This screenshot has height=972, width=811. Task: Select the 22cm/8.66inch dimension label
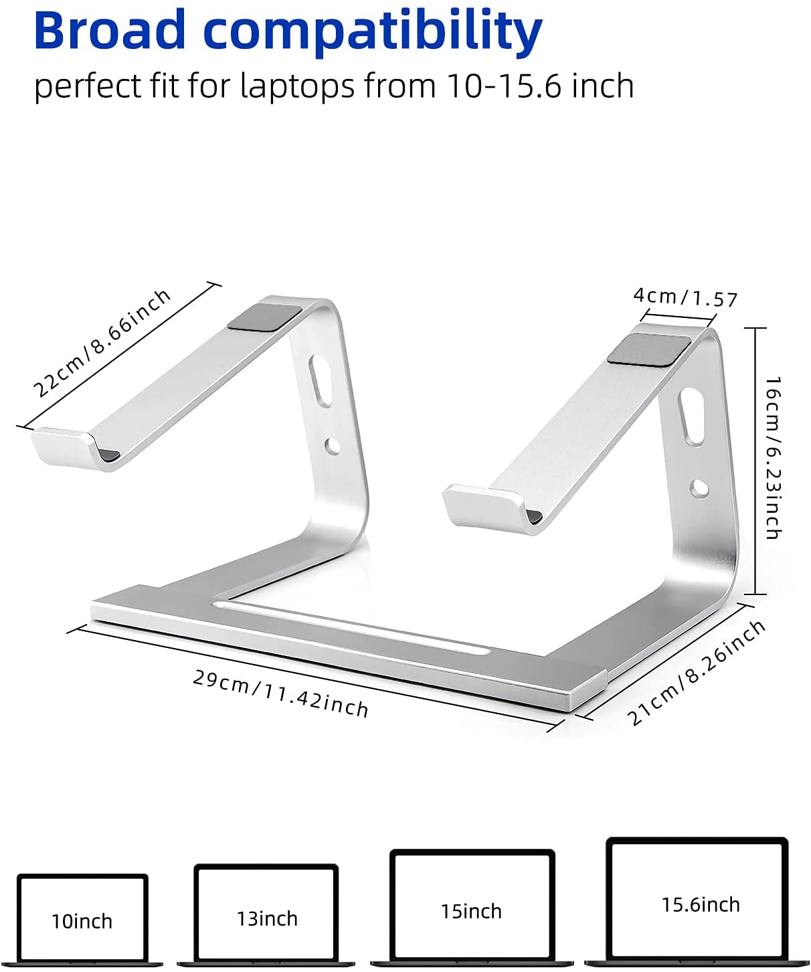102,343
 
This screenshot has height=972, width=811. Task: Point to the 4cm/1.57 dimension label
685,297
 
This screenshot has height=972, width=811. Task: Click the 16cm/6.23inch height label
773,458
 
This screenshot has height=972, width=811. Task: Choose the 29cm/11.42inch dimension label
280,694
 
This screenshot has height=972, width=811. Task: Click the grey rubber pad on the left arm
264,317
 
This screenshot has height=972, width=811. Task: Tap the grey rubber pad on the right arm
650,349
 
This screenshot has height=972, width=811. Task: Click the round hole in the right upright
700,488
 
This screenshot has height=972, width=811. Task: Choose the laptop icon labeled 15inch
472,908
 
